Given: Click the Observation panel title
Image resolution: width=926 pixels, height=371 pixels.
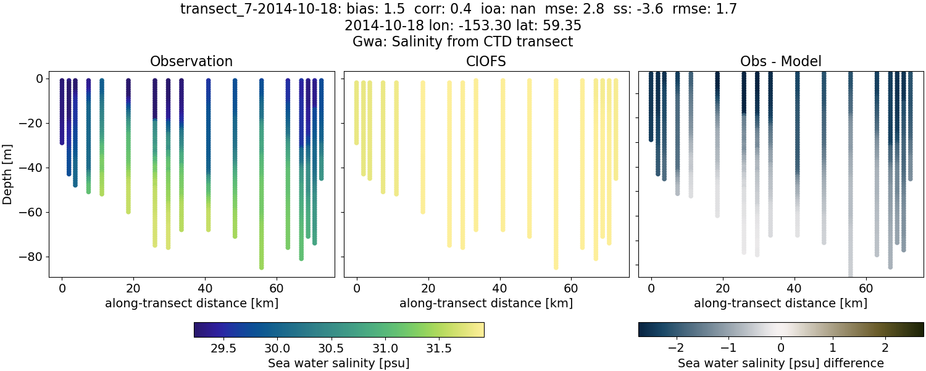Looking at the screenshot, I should (x=191, y=61).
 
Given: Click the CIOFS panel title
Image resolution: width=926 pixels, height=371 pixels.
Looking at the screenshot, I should (x=486, y=61).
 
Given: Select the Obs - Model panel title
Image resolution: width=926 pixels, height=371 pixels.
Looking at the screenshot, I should (x=780, y=61).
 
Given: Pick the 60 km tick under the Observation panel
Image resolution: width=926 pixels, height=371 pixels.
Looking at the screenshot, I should (x=276, y=289).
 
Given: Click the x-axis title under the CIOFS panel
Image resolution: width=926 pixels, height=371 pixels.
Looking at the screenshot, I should (x=486, y=304).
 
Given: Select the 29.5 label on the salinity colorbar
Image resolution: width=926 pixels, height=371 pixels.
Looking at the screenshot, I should (x=223, y=348).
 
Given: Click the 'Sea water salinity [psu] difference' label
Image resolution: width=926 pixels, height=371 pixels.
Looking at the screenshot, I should (x=780, y=363).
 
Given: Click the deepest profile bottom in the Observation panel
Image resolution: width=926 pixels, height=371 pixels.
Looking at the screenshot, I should (x=261, y=267).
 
